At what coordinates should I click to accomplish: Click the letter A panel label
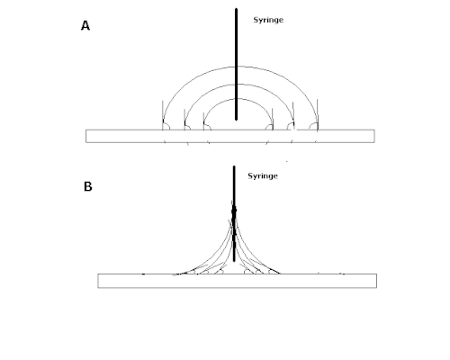85,26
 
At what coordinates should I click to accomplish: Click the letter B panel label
87,186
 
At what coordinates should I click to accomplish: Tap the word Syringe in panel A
268,20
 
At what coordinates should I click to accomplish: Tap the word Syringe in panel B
263,176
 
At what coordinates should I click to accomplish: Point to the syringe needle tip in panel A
236,120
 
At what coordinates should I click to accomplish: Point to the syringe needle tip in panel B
234,261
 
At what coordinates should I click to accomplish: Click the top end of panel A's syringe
236,9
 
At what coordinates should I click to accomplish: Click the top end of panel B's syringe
234,166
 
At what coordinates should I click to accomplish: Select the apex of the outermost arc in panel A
240,67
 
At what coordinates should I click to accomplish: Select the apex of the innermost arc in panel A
238,99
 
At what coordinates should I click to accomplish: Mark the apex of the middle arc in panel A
239,85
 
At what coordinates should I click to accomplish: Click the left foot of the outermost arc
163,130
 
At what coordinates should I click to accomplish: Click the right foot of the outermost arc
318,130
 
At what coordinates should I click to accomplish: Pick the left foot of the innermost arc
203,130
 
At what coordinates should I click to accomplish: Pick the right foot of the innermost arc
273,130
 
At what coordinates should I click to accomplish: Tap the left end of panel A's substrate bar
86,136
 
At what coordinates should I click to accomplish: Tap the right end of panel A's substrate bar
374,136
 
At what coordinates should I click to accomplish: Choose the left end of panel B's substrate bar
98,281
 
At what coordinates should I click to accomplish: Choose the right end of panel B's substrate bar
377,281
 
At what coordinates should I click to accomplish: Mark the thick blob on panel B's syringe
234,211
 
